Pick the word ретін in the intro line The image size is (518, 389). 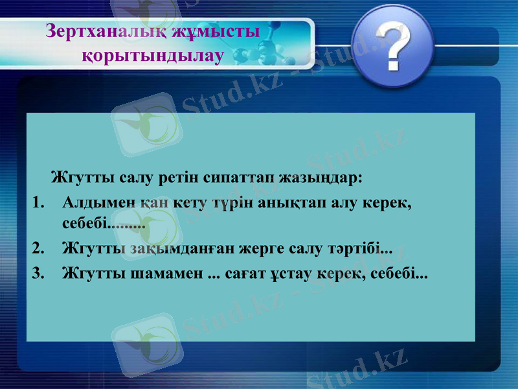177,176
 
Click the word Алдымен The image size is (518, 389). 98,203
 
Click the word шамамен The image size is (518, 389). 167,272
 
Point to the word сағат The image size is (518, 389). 247,272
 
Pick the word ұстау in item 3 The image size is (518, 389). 297,272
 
